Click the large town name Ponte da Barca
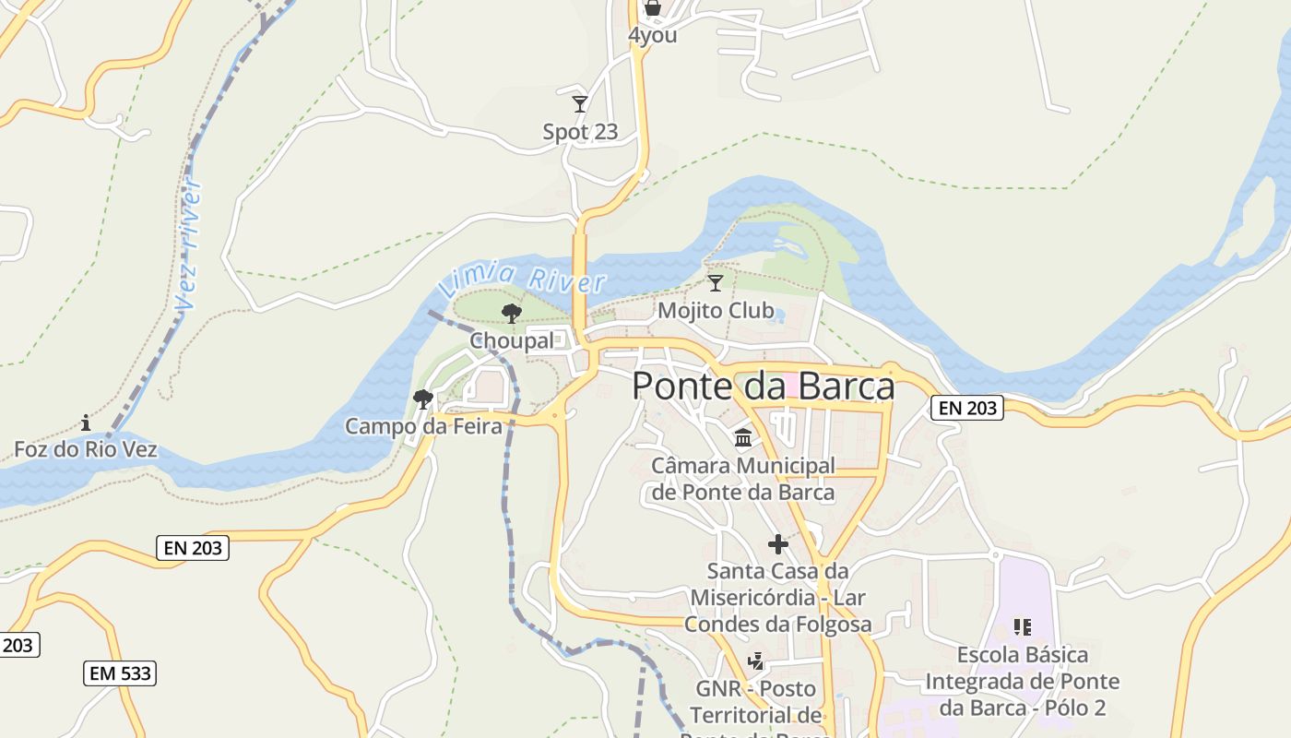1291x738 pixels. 763,386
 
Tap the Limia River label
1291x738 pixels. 522,279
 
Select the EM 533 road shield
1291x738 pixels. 120,673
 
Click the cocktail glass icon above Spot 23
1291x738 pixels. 580,103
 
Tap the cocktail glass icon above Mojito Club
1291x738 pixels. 715,282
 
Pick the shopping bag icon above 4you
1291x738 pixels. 653,8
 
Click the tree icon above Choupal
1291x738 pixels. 511,314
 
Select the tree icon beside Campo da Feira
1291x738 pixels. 423,399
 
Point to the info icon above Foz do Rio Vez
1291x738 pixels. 86,423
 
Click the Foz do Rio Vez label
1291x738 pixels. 86,450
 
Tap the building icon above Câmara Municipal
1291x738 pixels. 743,437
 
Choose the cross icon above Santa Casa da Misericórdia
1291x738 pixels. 777,544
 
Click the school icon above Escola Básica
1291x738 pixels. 1022,627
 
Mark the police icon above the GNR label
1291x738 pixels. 756,661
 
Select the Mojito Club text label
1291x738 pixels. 716,311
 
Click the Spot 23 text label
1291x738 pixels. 580,132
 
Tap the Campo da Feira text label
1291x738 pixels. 423,426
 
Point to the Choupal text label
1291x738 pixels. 512,341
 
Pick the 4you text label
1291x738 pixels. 653,35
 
